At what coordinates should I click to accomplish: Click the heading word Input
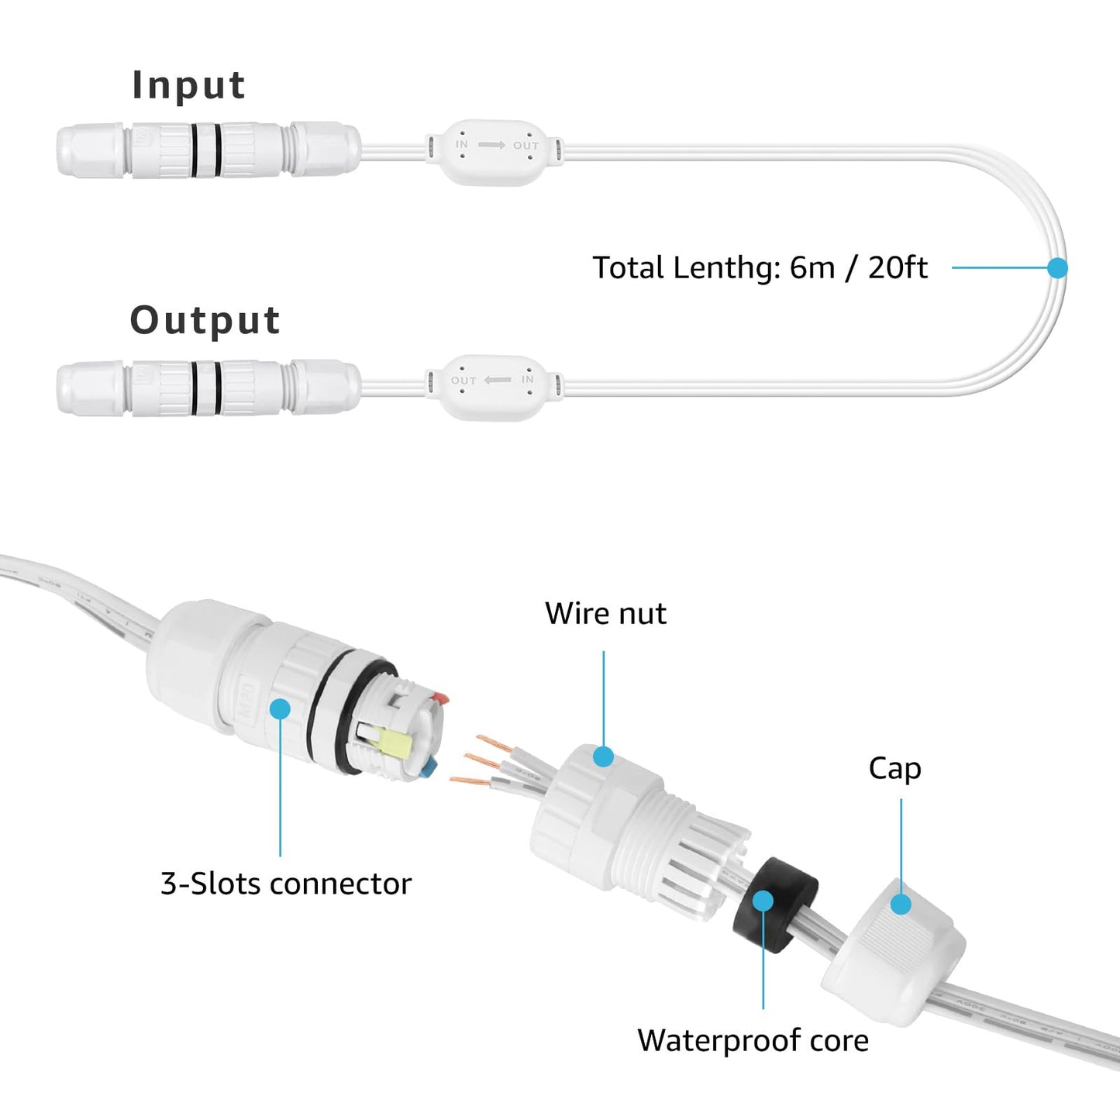pos(188,85)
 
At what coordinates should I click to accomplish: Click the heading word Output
pos(205,320)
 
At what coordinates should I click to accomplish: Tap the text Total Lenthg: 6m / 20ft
pos(760,268)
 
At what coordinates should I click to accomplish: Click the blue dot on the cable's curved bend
pos(1057,267)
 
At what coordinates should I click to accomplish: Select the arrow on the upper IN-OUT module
pos(491,145)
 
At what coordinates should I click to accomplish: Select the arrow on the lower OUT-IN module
pos(498,380)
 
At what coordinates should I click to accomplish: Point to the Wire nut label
pos(605,613)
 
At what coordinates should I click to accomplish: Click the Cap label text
pos(894,768)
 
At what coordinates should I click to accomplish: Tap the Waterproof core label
pos(753,1040)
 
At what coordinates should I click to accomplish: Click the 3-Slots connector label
pos(286,884)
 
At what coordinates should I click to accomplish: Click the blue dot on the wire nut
pos(603,756)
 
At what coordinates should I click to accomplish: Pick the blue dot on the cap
pos(901,904)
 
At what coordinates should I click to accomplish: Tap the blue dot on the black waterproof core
pos(763,901)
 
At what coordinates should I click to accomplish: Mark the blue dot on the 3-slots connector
pos(280,708)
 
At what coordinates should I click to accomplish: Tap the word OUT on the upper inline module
pos(526,146)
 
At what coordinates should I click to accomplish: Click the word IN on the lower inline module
pos(528,379)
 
